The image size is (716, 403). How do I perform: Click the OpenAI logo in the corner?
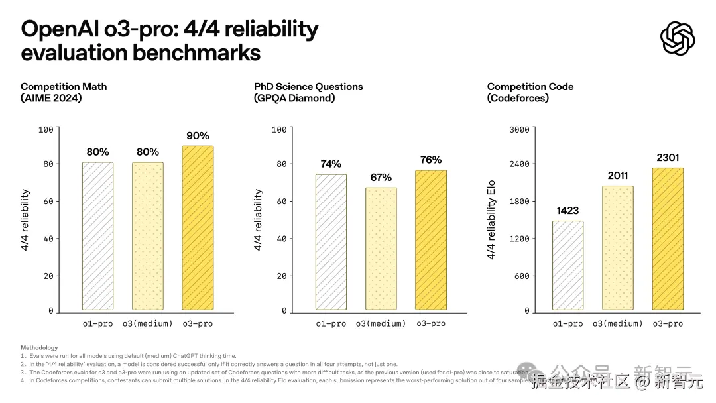[678, 38]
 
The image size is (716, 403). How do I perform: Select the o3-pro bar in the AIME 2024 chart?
[198, 228]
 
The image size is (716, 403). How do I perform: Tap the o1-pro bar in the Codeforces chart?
[567, 265]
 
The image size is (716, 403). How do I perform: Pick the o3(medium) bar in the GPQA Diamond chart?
[381, 249]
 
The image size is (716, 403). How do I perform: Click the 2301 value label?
[668, 158]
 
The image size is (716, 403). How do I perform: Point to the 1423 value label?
[567, 211]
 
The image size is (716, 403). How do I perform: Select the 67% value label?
[381, 178]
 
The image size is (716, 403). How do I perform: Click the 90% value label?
[198, 136]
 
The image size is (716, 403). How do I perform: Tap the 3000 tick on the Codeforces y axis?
[518, 129]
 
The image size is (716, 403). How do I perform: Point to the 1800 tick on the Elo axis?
[518, 201]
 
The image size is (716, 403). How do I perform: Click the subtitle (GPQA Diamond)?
[294, 98]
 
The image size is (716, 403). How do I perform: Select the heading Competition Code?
[530, 86]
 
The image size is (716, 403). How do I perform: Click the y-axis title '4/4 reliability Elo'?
[491, 220]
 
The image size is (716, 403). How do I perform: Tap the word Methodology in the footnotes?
[39, 347]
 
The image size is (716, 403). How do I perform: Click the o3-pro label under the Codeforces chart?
[668, 323]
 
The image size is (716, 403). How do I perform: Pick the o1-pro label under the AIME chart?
[97, 323]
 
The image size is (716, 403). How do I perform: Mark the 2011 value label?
[618, 176]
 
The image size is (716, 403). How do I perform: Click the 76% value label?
[431, 160]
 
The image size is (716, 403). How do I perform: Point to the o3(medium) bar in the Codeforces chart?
[618, 248]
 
